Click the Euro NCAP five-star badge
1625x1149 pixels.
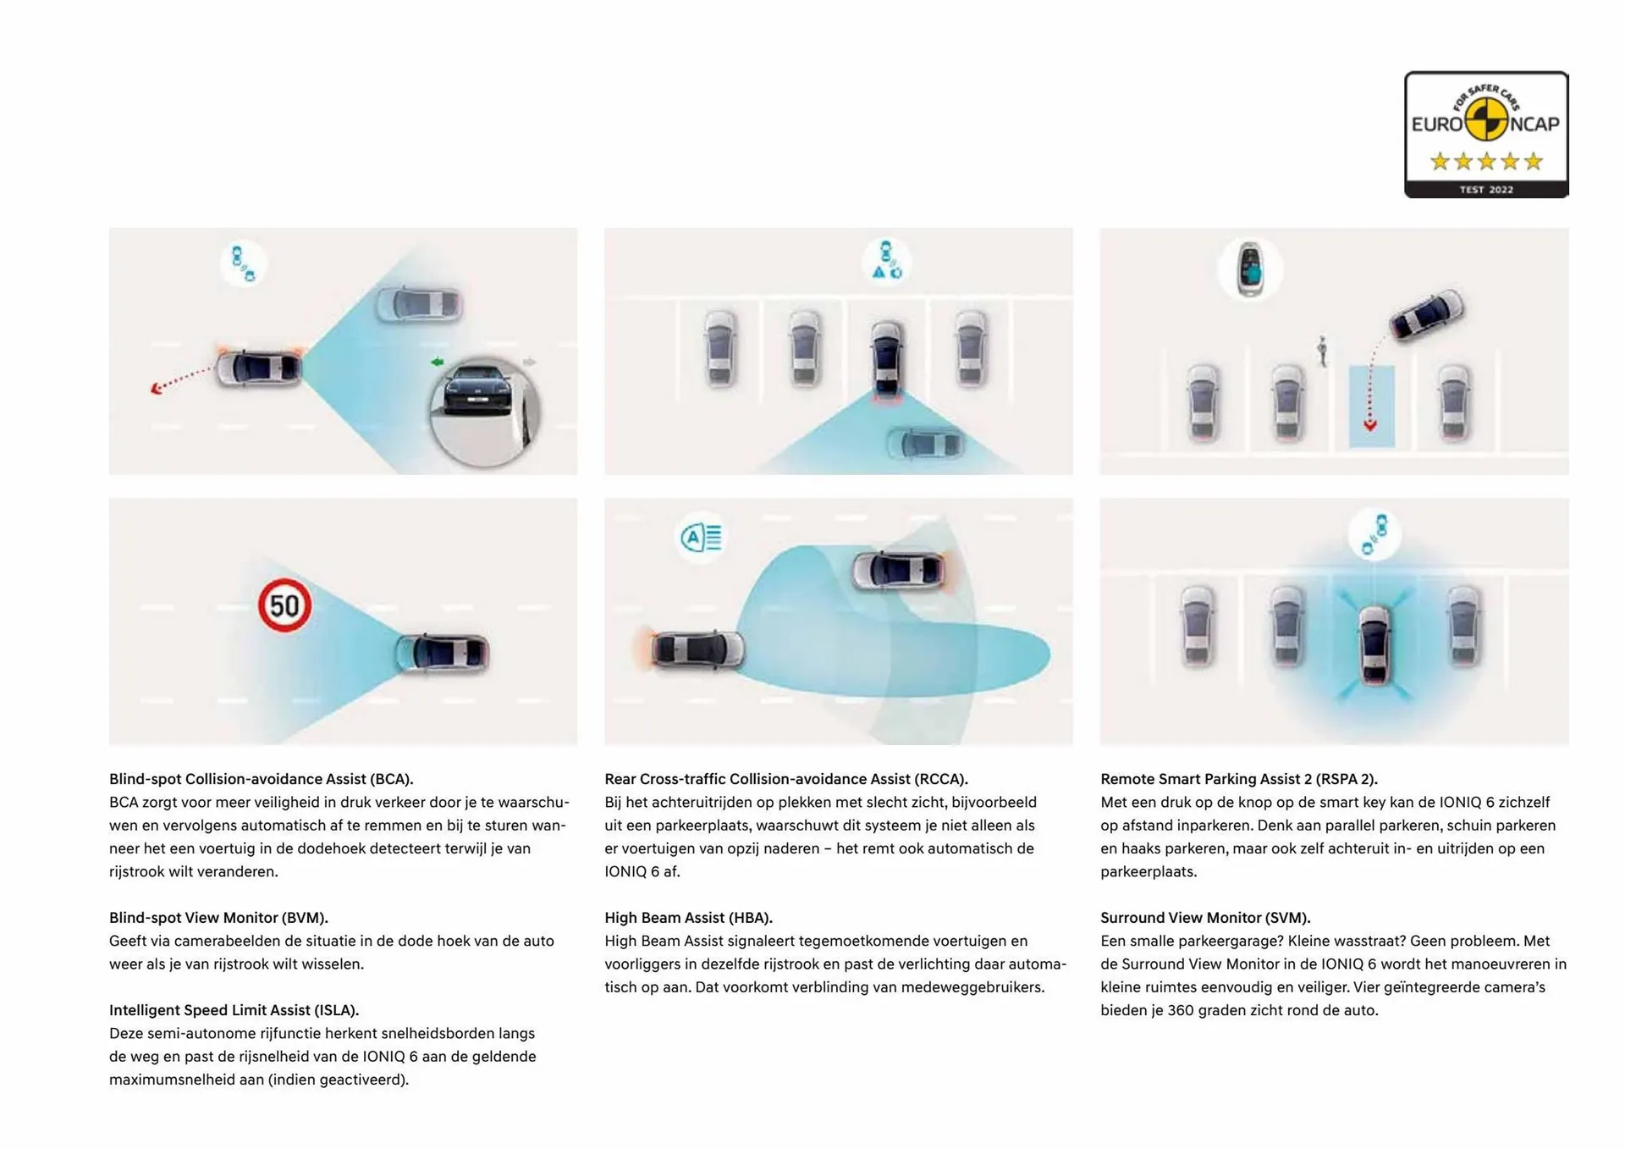1485,134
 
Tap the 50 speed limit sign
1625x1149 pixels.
284,605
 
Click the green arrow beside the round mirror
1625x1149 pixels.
437,362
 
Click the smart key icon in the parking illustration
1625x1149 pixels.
1249,269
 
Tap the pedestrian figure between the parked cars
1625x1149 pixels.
1321,351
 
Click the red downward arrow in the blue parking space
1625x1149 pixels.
1369,425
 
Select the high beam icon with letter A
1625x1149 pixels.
702,538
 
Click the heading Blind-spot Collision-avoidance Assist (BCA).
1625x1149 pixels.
261,779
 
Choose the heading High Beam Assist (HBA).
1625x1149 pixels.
688,918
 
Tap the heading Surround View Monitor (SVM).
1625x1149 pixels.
1204,918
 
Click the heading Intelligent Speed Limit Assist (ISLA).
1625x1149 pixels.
234,1010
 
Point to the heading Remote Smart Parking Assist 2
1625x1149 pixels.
1238,779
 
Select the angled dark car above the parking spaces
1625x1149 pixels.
1427,316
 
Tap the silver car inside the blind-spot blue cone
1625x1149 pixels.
419,304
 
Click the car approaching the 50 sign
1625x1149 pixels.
442,653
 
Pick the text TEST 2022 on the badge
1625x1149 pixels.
1485,190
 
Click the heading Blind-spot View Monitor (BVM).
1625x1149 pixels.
218,918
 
